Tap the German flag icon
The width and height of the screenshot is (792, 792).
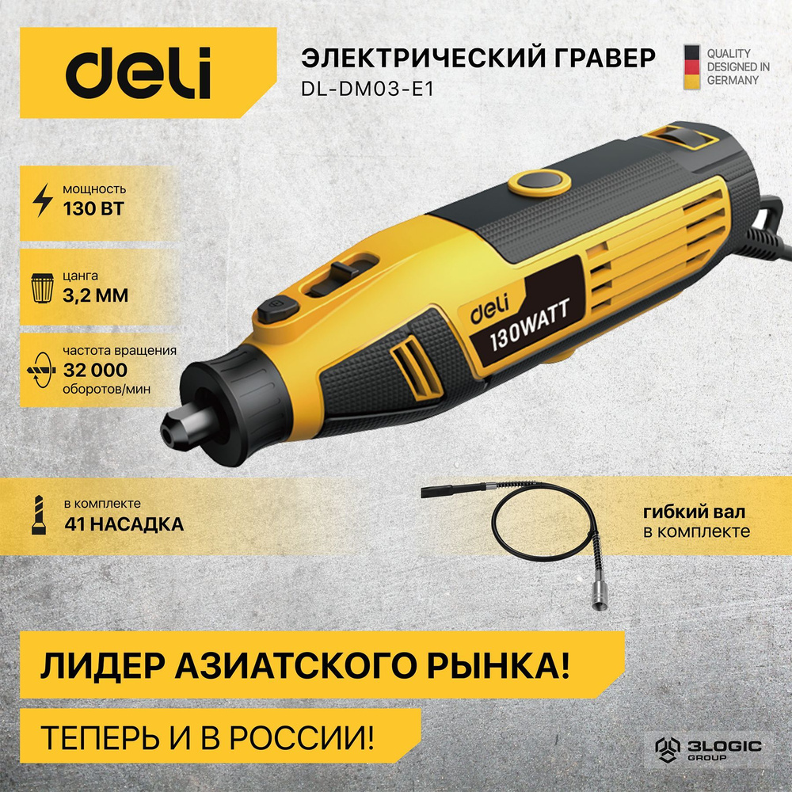point(691,66)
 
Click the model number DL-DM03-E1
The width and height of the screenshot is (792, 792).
point(367,89)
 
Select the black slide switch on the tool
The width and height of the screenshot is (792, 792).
point(345,274)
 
